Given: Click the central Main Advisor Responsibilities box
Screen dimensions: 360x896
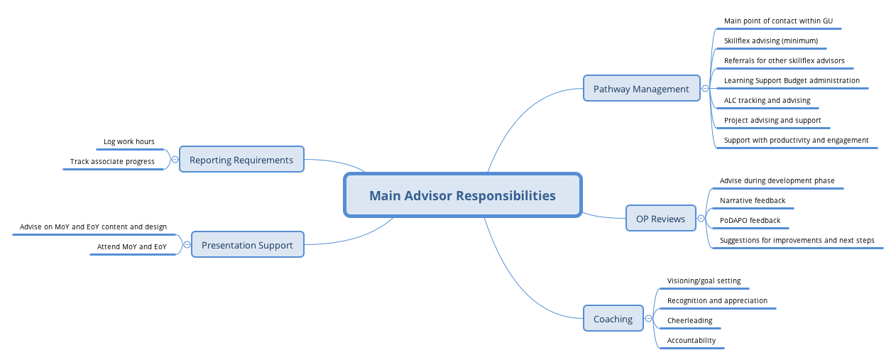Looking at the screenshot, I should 462,195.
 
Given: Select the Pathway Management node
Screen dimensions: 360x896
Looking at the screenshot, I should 641,89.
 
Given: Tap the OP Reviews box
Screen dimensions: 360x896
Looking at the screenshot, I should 660,219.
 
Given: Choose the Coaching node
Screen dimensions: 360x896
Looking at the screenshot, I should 613,319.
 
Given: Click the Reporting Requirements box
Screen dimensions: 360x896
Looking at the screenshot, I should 241,160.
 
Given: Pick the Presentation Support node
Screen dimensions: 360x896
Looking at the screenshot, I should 247,245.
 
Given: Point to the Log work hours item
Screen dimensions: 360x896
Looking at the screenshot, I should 129,142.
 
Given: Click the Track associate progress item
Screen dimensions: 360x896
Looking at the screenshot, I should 112,162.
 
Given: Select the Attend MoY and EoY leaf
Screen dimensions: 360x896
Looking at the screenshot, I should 132,247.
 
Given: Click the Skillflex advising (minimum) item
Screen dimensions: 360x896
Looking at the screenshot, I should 770,41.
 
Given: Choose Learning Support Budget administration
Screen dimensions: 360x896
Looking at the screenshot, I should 792,81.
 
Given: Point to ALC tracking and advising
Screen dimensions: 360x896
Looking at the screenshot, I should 767,101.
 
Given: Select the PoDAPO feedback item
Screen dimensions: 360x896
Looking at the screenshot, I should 750,221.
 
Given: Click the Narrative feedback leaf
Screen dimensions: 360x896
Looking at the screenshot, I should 753,201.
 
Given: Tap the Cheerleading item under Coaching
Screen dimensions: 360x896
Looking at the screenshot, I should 689,321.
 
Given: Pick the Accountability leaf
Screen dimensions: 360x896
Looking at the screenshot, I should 692,341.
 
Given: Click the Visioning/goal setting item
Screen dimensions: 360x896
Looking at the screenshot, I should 704,281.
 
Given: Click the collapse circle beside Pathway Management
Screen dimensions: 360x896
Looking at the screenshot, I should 705,89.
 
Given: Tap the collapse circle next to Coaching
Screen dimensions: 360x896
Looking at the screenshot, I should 648,319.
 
